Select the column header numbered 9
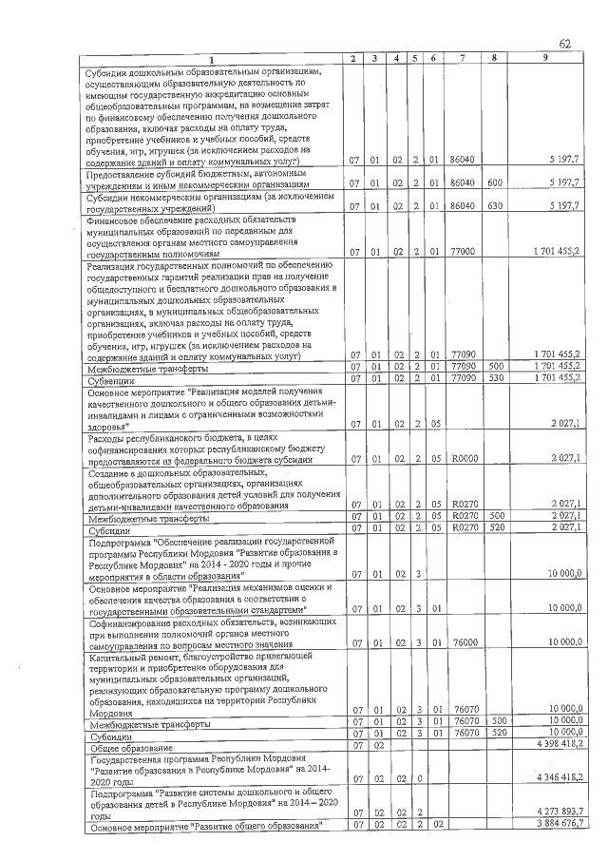(544, 59)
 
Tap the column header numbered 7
(462, 59)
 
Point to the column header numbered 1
(213, 59)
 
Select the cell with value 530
(494, 378)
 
